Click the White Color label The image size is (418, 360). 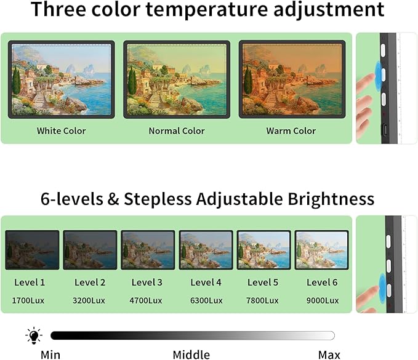(x=61, y=130)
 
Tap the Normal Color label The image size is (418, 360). (x=177, y=130)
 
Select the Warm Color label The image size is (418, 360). (x=291, y=130)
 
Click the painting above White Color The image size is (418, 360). (x=62, y=79)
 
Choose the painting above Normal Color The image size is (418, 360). (x=177, y=79)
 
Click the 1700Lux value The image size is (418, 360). (x=30, y=300)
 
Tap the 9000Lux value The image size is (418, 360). (x=323, y=300)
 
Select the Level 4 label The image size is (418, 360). (x=206, y=282)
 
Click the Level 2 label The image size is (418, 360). (x=90, y=282)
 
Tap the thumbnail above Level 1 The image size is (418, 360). (x=32, y=250)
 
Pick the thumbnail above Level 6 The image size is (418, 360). (x=321, y=250)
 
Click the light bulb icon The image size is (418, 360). (x=34, y=335)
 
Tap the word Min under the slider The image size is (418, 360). (x=50, y=354)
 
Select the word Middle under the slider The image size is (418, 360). (x=191, y=354)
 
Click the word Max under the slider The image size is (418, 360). (x=329, y=354)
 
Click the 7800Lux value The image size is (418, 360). (x=264, y=300)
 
